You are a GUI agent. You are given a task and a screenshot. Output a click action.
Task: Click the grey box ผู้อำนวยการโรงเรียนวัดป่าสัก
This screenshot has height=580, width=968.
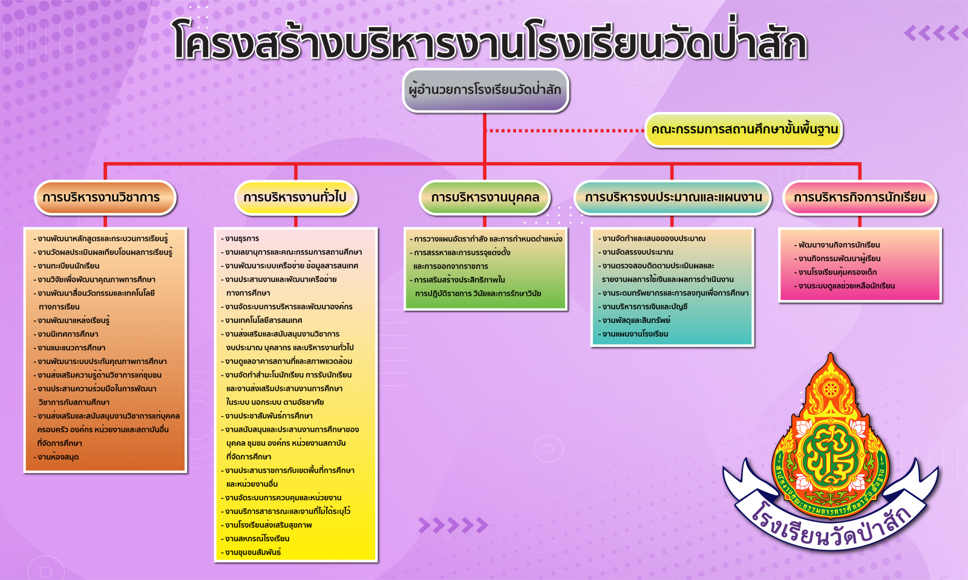tap(485, 90)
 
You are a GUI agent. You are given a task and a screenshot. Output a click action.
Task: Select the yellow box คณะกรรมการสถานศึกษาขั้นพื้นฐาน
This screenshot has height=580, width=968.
tap(744, 129)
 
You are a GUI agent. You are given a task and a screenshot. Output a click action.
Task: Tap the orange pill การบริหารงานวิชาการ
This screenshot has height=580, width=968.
tap(105, 198)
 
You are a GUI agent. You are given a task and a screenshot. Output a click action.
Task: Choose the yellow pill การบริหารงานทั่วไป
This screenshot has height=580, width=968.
tap(296, 198)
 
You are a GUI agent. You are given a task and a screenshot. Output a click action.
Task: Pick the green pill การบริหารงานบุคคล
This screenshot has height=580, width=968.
tap(485, 198)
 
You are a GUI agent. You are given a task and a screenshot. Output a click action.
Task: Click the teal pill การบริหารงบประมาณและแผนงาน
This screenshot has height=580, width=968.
tap(672, 198)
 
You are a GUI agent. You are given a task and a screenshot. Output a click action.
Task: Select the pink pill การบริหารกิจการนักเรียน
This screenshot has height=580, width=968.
tap(860, 198)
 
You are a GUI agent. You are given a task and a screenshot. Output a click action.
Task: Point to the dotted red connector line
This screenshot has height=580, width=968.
tap(565, 130)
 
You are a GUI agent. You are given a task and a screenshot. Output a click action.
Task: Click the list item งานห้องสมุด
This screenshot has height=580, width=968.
tap(56, 457)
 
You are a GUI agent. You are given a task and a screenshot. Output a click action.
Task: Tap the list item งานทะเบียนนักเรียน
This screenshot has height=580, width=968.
tap(67, 266)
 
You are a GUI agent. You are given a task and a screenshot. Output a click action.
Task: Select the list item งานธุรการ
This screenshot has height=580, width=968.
tap(240, 238)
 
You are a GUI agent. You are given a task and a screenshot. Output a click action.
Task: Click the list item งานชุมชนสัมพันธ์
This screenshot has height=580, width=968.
tap(251, 552)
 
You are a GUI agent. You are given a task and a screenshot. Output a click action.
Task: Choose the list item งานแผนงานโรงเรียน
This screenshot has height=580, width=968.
tap(633, 334)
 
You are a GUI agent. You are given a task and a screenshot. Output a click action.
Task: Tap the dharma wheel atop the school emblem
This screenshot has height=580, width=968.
tap(830, 389)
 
